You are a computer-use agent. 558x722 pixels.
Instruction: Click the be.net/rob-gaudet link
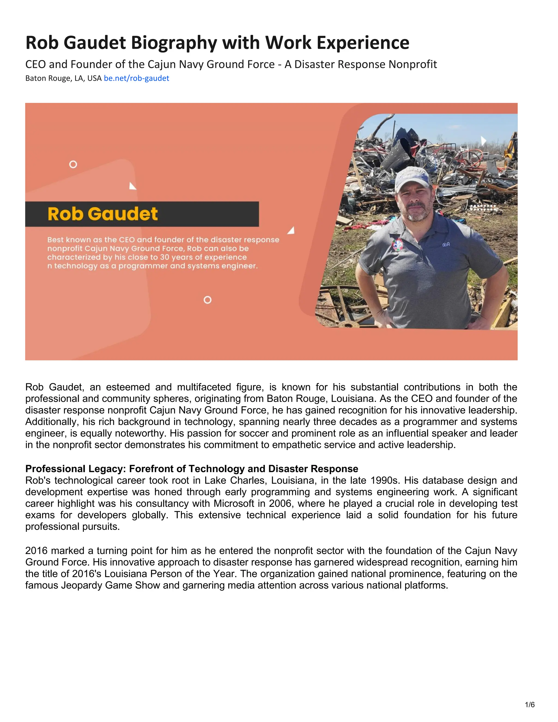click(136, 78)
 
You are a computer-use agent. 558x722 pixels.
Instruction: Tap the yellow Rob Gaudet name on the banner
click(102, 214)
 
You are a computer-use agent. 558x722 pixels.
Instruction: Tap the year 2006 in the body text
click(280, 503)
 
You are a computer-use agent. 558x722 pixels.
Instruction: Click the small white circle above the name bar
click(73, 164)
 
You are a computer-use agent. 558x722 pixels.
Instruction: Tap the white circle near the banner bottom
click(207, 300)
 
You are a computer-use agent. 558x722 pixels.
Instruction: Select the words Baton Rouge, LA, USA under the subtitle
click(63, 78)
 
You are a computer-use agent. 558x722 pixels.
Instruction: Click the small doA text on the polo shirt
click(446, 245)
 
